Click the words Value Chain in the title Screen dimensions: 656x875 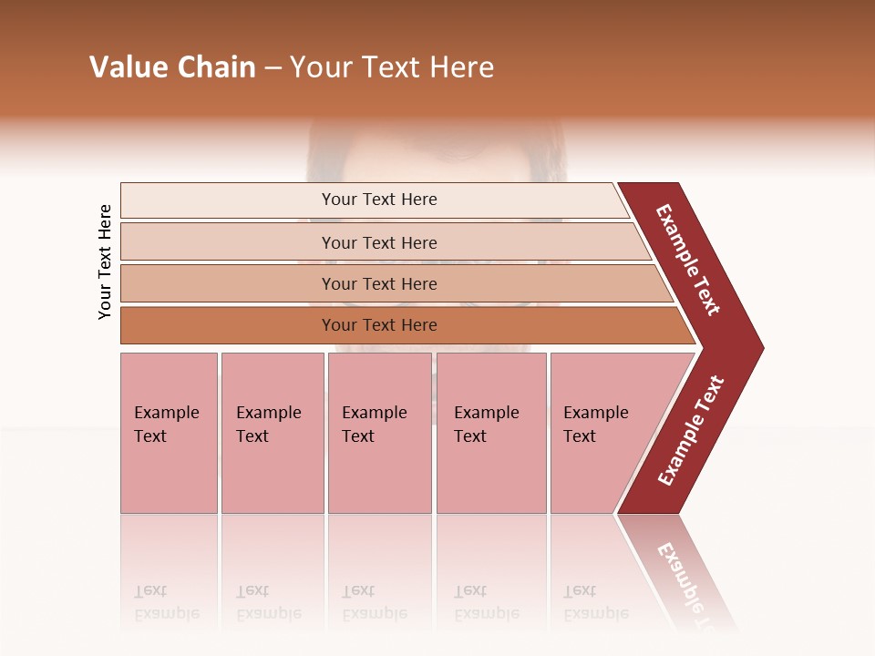point(172,67)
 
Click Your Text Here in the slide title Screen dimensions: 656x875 point(392,67)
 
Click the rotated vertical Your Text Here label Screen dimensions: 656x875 point(105,261)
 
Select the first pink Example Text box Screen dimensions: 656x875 point(169,433)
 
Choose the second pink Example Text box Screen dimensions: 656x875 point(272,433)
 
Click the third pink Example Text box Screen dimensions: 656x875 point(379,433)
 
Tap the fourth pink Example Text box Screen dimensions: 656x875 point(490,433)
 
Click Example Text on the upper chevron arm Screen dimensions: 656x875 point(688,260)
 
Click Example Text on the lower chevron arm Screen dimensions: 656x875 point(691,431)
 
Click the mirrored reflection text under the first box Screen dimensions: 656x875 point(167,603)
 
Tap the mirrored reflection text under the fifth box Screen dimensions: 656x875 point(596,603)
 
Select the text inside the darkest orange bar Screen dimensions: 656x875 point(379,325)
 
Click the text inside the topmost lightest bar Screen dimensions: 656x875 point(379,200)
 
